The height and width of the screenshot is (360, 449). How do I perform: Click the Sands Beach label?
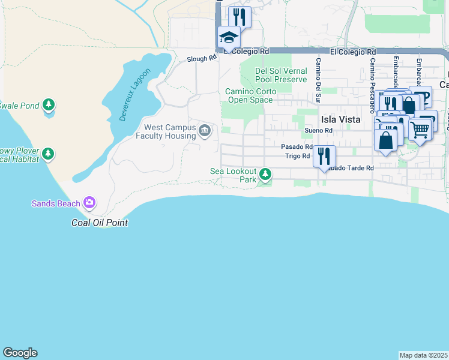(x=56, y=203)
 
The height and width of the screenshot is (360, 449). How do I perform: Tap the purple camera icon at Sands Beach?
(x=89, y=203)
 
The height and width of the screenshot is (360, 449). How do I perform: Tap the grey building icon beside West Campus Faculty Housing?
(x=205, y=131)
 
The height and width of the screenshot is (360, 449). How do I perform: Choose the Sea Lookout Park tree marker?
(x=265, y=175)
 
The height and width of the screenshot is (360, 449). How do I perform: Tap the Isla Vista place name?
(x=340, y=119)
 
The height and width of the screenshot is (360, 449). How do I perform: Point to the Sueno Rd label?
(x=318, y=130)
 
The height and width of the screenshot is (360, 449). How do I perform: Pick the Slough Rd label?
(x=201, y=59)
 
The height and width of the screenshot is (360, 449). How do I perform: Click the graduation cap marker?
(x=229, y=38)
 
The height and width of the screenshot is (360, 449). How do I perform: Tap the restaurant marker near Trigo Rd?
(x=324, y=157)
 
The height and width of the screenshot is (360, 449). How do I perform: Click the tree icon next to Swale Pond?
(x=49, y=106)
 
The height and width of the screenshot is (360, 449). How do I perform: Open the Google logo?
(x=20, y=353)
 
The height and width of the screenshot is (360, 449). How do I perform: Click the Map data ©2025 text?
(x=423, y=355)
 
